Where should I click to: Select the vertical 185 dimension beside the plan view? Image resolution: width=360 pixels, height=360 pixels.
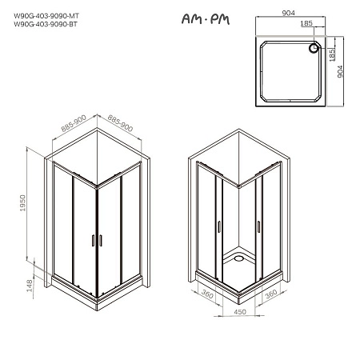[330, 54]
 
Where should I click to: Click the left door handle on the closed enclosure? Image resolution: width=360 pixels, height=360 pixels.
[92, 242]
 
